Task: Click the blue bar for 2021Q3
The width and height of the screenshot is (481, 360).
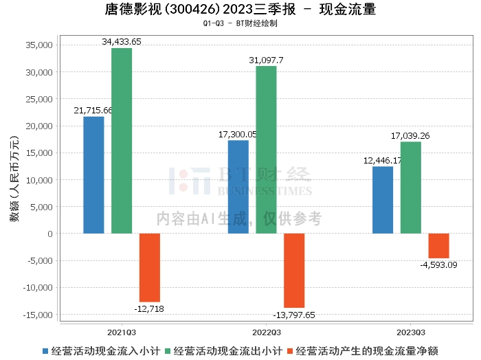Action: (93, 175)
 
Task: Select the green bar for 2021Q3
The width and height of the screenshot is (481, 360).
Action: (122, 141)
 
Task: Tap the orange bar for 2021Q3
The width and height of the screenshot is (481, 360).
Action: (150, 268)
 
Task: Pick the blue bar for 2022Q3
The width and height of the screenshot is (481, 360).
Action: (238, 187)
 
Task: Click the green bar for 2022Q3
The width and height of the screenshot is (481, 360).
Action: (267, 150)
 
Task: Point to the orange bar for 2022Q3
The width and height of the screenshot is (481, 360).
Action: (294, 271)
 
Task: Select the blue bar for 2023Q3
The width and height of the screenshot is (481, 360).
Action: (383, 200)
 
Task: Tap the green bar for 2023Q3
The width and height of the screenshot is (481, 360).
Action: (411, 188)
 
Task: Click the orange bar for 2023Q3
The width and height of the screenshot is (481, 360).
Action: (439, 246)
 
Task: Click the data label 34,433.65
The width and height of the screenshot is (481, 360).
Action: (122, 42)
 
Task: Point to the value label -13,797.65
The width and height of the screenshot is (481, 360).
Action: (294, 315)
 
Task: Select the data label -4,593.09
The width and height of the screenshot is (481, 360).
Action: (438, 265)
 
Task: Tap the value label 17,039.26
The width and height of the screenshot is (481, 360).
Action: (410, 136)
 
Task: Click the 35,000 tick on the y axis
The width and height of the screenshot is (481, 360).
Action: (39, 45)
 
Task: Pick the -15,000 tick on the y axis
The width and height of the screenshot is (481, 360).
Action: (38, 315)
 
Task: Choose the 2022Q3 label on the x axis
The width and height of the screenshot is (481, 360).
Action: (267, 333)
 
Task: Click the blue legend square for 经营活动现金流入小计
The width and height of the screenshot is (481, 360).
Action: (45, 351)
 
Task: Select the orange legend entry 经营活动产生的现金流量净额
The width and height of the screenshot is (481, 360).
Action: (363, 351)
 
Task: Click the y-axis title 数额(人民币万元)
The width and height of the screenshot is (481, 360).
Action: (14, 179)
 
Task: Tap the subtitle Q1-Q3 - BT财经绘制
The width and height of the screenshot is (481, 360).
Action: (240, 23)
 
